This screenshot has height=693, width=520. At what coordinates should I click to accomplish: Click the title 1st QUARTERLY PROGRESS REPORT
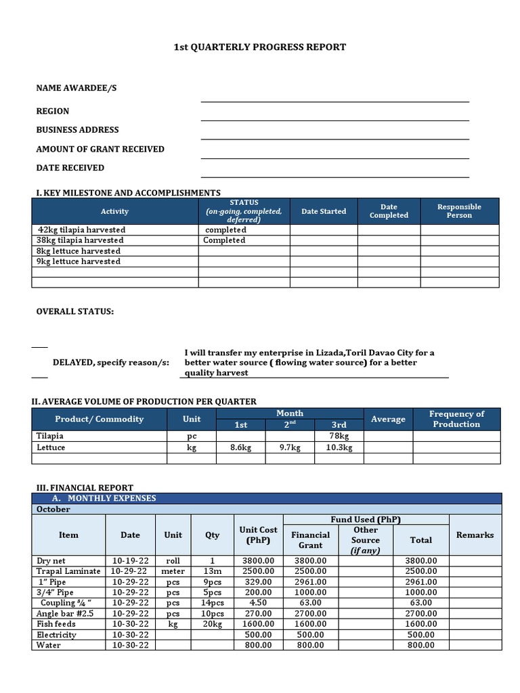(260, 47)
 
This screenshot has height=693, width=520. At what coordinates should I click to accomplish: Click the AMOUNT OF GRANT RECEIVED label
(100, 149)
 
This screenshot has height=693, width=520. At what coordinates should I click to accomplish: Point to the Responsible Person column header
(459, 211)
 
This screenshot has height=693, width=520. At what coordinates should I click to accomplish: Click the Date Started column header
(324, 211)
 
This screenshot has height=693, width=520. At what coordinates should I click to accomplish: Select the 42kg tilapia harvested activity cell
(82, 229)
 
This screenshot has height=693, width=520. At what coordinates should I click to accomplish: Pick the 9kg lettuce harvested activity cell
(79, 261)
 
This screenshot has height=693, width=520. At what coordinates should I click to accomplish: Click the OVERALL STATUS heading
(75, 311)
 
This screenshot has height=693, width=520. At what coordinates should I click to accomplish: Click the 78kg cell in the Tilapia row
(339, 437)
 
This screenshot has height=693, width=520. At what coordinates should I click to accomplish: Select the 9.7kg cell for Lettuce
(290, 447)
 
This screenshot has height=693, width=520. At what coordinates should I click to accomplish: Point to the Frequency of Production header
(456, 419)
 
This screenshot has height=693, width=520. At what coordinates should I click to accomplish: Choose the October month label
(53, 509)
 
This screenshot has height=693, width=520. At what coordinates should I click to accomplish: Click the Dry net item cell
(52, 560)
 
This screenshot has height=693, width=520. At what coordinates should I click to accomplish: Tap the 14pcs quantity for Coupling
(213, 602)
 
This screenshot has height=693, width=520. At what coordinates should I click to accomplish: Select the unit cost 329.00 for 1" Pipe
(258, 581)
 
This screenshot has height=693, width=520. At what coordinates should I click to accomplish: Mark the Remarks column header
(475, 535)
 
